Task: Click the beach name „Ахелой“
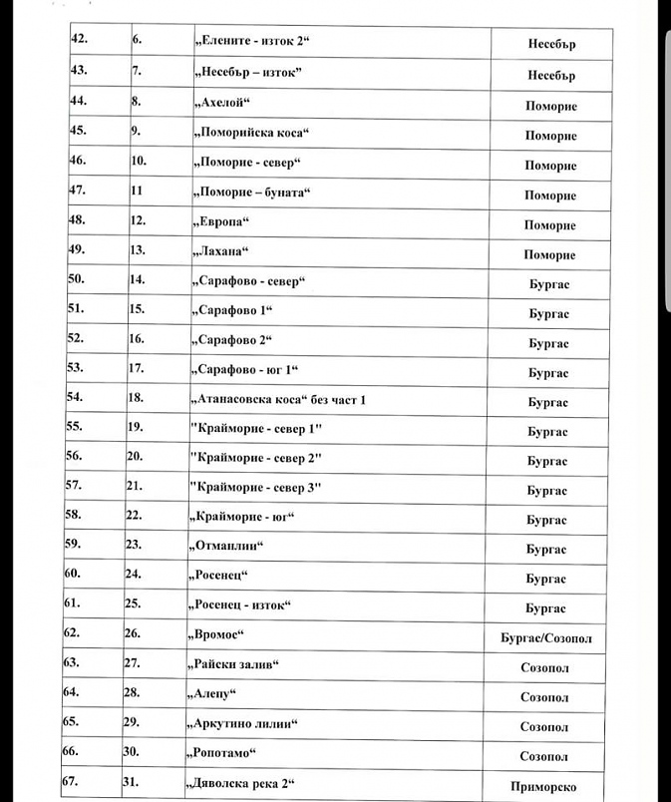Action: click(217, 103)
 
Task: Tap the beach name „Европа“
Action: click(217, 221)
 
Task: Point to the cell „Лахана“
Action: click(216, 251)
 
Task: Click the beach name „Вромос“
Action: click(216, 635)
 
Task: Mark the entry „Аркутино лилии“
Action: click(243, 724)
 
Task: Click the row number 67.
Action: click(71, 782)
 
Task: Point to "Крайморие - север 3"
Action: click(256, 487)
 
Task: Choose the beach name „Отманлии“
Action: click(225, 547)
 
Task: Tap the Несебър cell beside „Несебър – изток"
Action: click(551, 75)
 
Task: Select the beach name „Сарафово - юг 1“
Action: click(243, 370)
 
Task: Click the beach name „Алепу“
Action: click(213, 694)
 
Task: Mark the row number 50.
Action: click(78, 279)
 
